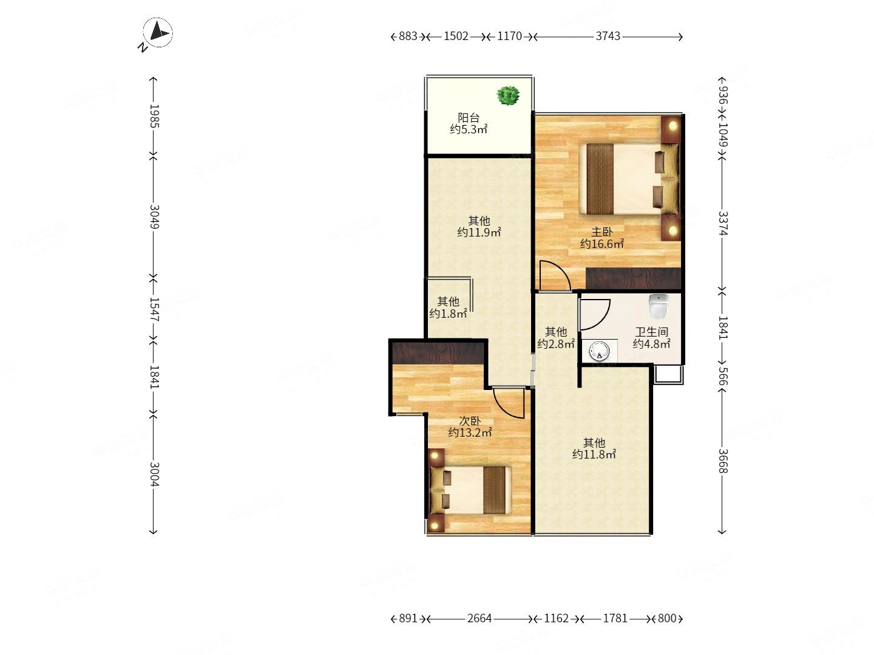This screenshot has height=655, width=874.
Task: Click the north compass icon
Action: tap(158, 33)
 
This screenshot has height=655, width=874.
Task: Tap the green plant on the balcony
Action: tap(508, 96)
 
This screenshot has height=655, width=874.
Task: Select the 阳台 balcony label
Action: tap(468, 118)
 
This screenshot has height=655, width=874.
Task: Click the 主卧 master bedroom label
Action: tap(601, 232)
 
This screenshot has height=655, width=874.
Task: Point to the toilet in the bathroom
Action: tap(659, 307)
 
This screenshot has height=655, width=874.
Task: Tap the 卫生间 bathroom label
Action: tap(651, 332)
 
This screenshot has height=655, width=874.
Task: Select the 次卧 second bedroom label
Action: tap(470, 421)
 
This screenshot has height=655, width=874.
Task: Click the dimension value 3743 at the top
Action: tap(608, 36)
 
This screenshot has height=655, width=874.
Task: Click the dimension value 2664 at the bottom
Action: tap(479, 619)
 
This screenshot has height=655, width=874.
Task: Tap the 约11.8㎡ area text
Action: tap(594, 454)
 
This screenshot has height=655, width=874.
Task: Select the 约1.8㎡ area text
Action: tap(448, 314)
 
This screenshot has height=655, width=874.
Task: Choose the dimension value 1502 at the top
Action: tap(456, 36)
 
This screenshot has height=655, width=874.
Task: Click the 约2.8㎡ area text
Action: tap(556, 344)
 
